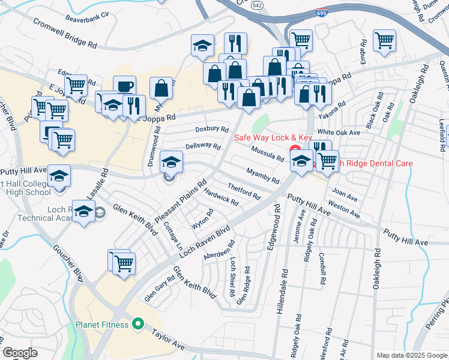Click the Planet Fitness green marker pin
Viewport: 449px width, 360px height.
pyautogui.click(x=138, y=325)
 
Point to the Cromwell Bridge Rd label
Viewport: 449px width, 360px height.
pyautogui.click(x=65, y=32)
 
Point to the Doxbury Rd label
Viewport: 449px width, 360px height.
pyautogui.click(x=212, y=129)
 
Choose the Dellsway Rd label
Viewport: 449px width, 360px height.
pyautogui.click(x=203, y=146)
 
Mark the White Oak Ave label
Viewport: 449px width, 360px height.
pyautogui.click(x=339, y=132)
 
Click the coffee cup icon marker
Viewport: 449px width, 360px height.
pyautogui.click(x=124, y=86)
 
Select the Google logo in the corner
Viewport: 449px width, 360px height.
pyautogui.click(x=20, y=353)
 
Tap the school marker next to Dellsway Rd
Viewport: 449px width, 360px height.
pyautogui.click(x=171, y=161)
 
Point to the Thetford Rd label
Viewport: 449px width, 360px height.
pyautogui.click(x=244, y=192)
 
